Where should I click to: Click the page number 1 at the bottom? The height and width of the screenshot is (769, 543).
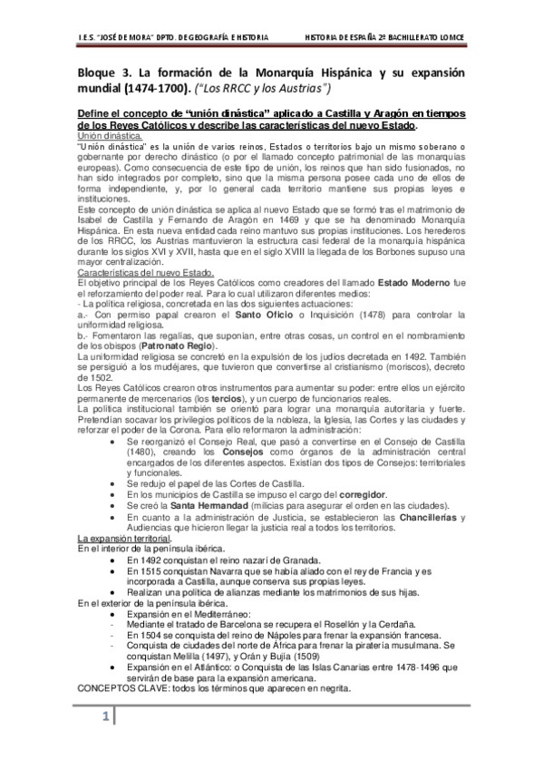[x=105, y=717]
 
